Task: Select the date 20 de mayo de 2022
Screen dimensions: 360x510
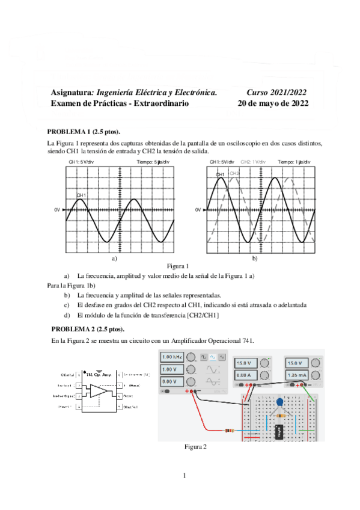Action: pos(273,103)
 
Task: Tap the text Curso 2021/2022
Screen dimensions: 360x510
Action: pos(276,92)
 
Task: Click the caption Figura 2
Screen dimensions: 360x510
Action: pos(196,446)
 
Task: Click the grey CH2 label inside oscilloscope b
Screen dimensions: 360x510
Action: pos(234,173)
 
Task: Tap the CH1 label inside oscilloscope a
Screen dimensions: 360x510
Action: pos(81,195)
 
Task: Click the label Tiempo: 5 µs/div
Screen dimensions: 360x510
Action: pos(153,162)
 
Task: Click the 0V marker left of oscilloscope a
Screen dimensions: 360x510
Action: pos(58,209)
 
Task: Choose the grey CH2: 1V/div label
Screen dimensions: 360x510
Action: pos(254,162)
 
